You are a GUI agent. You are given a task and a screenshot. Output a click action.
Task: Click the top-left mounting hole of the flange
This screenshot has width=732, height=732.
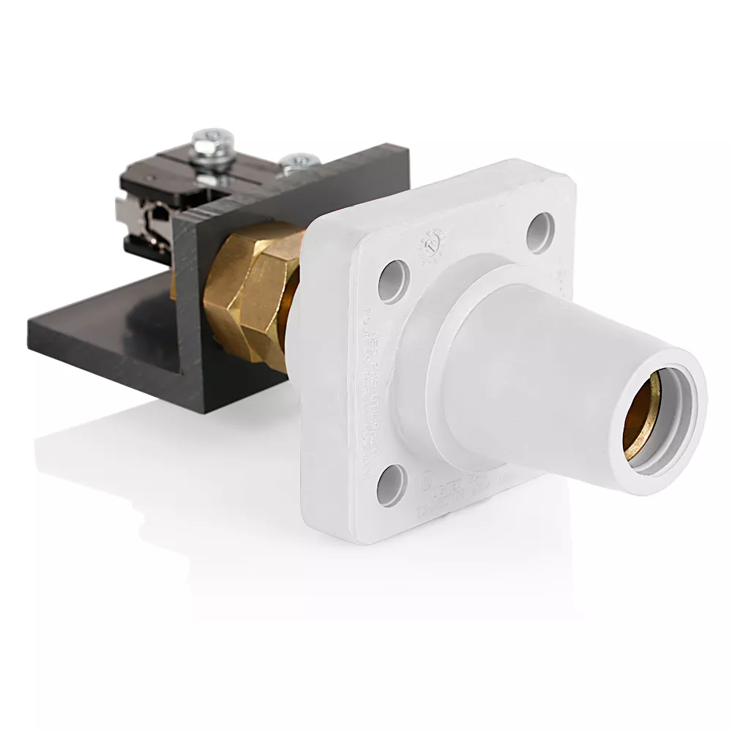click(x=393, y=281)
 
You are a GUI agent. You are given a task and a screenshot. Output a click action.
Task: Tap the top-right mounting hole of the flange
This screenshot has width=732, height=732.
click(x=540, y=232)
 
